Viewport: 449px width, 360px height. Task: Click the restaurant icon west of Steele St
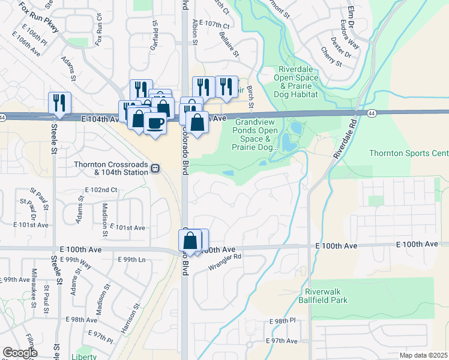(x=60, y=102)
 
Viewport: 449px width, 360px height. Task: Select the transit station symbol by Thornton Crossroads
(x=155, y=169)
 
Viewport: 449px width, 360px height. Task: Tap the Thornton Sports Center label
(x=408, y=153)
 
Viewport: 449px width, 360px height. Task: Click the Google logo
(x=20, y=353)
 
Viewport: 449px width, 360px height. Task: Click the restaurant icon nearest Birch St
(x=226, y=86)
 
